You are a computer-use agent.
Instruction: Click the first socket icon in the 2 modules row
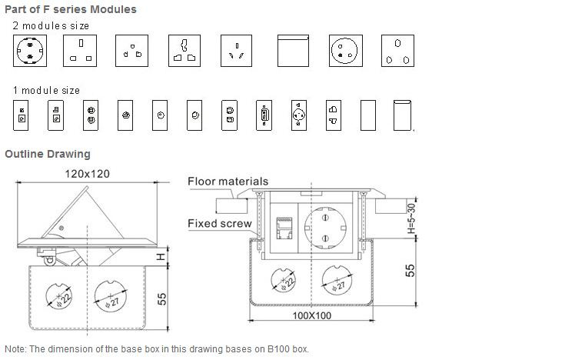point(30,51)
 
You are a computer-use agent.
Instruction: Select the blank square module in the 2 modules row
point(292,51)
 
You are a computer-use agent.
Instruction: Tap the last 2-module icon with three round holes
point(398,51)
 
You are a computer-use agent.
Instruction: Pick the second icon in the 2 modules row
point(80,51)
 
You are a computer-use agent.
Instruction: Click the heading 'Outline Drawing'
point(48,154)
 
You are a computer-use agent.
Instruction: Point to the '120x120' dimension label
point(87,174)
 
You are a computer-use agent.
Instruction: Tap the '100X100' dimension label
point(311,316)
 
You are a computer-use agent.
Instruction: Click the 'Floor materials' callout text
point(228,182)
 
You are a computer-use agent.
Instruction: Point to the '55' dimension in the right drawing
point(410,271)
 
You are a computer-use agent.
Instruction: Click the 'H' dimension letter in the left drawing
point(161,256)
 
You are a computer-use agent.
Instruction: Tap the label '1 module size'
point(46,90)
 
